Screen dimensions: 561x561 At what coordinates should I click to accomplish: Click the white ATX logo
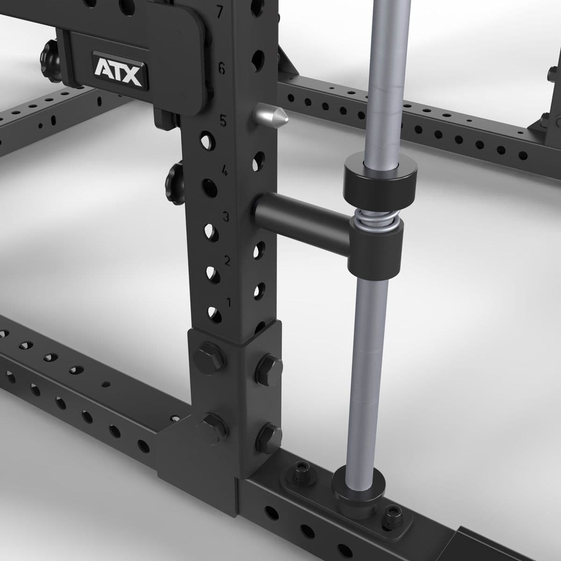pyautogui.click(x=118, y=71)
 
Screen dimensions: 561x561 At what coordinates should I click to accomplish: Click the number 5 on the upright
pyautogui.click(x=223, y=121)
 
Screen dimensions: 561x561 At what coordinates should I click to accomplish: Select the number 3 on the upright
pyautogui.click(x=226, y=216)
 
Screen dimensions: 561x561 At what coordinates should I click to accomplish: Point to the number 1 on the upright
pyautogui.click(x=229, y=302)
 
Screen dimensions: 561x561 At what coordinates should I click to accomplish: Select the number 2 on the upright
pyautogui.click(x=227, y=260)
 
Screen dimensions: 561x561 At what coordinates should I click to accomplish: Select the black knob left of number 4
pyautogui.click(x=174, y=178)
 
